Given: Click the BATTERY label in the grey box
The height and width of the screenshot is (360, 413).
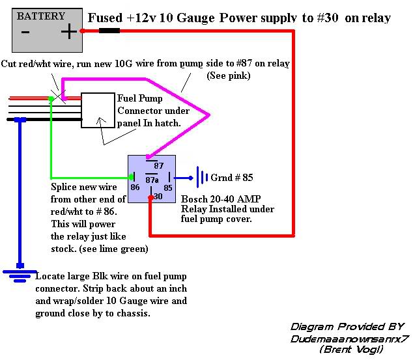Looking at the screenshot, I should tap(40, 16).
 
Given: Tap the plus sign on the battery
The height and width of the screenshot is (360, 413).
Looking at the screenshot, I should tap(67, 31).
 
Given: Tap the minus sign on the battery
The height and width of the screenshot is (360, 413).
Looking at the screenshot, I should tap(25, 31).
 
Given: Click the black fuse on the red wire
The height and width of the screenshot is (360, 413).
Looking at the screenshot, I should tap(108, 31).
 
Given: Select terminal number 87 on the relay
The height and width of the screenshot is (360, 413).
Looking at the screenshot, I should tap(158, 166).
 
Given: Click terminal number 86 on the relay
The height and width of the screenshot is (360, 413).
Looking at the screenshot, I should tap(135, 187).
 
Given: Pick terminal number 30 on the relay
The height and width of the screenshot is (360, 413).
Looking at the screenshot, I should tap(157, 196).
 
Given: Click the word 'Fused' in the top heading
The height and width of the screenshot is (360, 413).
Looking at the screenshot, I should tap(105, 18).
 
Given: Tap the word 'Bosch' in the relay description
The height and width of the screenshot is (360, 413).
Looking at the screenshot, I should tap(195, 199).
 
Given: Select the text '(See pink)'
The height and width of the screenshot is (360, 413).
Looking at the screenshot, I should tap(229, 76).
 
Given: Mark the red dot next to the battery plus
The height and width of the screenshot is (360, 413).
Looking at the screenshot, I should tap(82, 31).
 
